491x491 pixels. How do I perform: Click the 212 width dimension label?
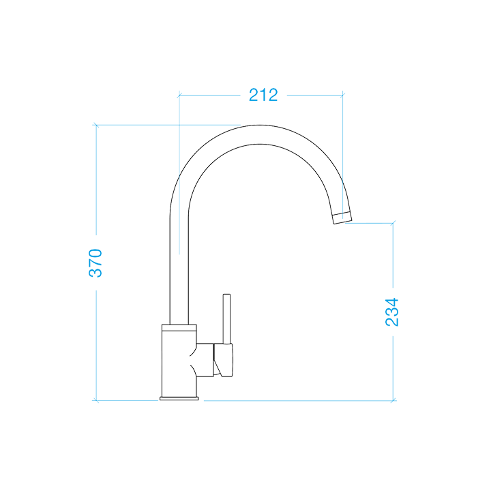(263, 95)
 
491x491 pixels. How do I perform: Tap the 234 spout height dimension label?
(392, 312)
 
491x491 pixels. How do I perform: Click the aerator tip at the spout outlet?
(342, 218)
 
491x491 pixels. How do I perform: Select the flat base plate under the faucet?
(179, 398)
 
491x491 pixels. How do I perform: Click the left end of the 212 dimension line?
(179, 95)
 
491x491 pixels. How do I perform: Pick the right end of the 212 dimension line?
(342, 95)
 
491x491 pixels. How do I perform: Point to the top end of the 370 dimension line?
(96, 125)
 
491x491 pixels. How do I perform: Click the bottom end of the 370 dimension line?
(96, 400)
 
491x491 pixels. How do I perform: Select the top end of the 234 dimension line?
(393, 223)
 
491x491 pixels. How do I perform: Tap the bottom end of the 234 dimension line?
(393, 400)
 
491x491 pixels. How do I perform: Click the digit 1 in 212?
(263, 95)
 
